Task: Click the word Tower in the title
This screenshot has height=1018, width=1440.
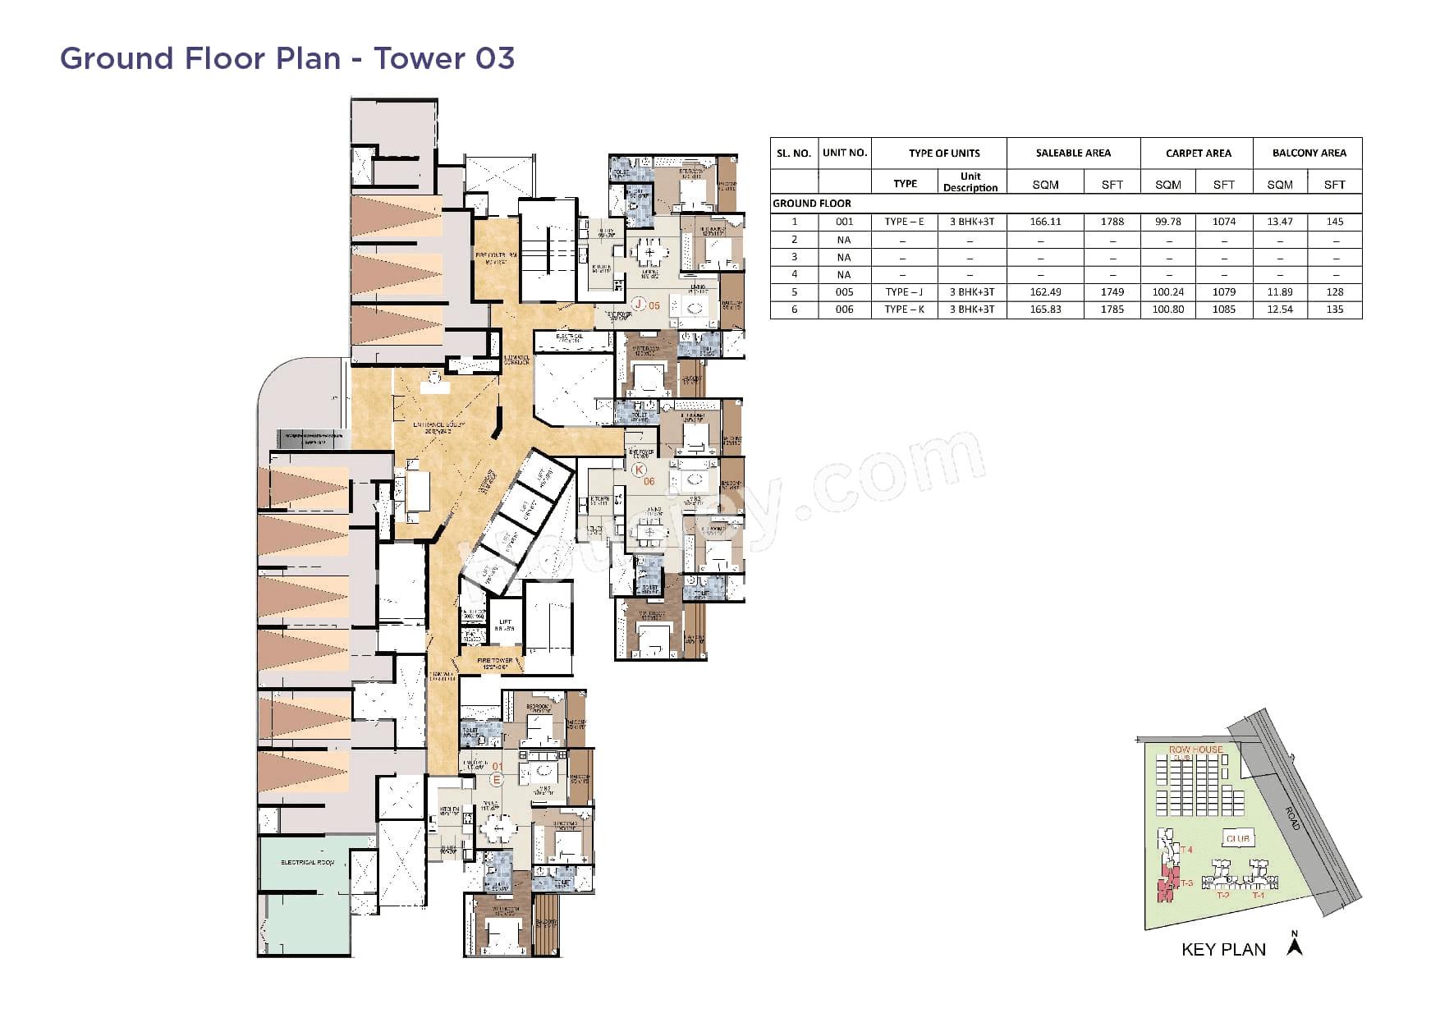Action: click(420, 58)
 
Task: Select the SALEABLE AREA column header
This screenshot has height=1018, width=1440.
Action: click(1072, 153)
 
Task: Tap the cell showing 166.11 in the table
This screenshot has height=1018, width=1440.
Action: click(1045, 222)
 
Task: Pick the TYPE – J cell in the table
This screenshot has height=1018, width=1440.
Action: click(904, 292)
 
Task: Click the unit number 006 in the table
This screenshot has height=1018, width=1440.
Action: click(844, 310)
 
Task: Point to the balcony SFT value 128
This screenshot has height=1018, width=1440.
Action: click(1334, 292)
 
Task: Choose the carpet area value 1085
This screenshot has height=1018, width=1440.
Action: click(1223, 310)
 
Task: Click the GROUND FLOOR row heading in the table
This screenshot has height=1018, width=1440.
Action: click(812, 204)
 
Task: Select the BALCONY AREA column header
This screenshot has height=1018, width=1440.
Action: click(1309, 153)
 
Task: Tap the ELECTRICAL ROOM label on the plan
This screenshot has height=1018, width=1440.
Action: click(307, 863)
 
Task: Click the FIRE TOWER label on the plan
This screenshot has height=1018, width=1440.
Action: click(495, 662)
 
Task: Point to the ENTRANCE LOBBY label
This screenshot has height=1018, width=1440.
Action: click(438, 426)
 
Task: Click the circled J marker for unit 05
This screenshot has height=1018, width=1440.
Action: click(638, 305)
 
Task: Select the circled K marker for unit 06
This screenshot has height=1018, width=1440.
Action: click(639, 470)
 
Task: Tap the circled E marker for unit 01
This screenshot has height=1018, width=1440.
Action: click(496, 779)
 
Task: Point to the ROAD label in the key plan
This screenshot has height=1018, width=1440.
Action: click(1292, 818)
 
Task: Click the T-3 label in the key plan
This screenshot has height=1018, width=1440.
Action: click(1186, 884)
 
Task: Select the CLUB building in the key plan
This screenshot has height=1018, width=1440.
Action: click(1237, 839)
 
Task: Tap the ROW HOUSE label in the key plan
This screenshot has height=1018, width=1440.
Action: click(1195, 750)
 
